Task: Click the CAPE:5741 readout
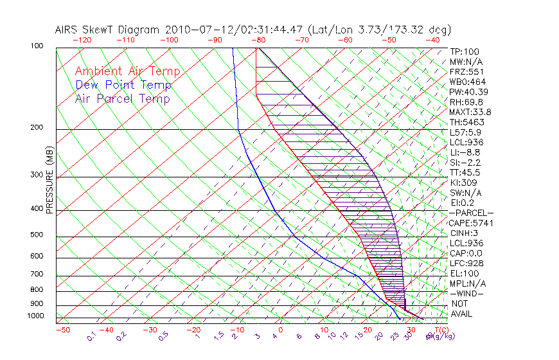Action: pos(470,223)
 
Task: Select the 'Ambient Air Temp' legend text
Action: pos(127,71)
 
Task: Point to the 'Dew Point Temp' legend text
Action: pos(123,85)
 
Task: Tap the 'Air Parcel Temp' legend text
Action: pos(122,98)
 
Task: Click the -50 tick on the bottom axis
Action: pos(62,330)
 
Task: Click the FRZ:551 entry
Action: pos(466,71)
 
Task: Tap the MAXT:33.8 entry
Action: pos(470,112)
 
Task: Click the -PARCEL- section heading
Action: pos(471,213)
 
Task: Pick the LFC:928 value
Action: pos(466,263)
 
